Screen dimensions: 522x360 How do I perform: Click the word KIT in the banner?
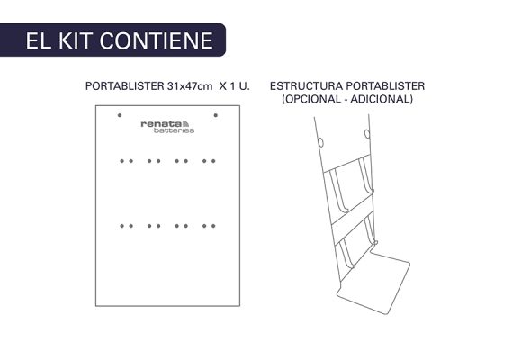click(76, 40)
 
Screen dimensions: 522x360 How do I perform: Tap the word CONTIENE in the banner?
click(157, 40)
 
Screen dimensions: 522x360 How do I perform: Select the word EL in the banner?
click(39, 40)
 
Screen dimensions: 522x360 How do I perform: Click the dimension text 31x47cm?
click(190, 86)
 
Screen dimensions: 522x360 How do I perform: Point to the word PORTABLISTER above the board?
click(125, 86)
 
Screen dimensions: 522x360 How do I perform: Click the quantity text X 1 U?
click(234, 86)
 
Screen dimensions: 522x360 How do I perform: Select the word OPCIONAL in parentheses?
click(311, 99)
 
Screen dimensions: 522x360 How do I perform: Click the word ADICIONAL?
click(381, 99)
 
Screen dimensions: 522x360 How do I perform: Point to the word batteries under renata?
click(174, 130)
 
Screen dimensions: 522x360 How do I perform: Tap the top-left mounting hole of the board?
click(120, 115)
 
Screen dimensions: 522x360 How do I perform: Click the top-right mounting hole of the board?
click(216, 115)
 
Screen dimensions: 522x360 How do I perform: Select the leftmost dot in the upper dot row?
click(122, 161)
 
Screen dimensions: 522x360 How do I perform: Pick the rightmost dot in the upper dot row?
click(213, 161)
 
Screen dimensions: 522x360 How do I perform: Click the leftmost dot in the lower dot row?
click(122, 226)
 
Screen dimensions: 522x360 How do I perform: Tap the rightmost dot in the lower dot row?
click(213, 226)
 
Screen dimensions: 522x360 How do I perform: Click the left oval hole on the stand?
click(320, 143)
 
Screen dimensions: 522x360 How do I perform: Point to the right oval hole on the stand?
click(367, 134)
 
